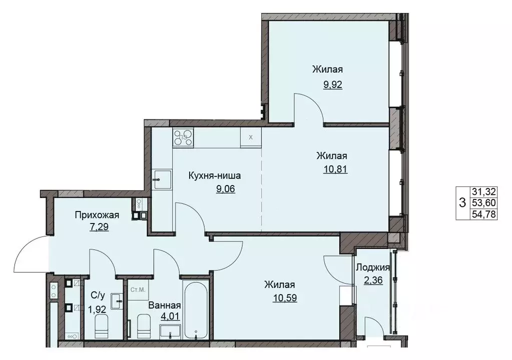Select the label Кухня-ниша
215,176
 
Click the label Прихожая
97,215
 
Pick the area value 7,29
97,226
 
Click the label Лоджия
372,267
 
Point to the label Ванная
164,305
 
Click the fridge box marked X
251,137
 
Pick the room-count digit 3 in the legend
461,203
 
